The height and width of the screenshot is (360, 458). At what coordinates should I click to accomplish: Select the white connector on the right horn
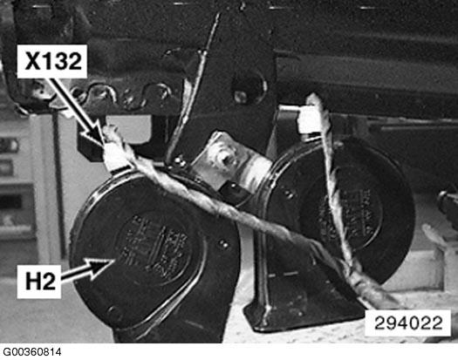pos(307,121)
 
